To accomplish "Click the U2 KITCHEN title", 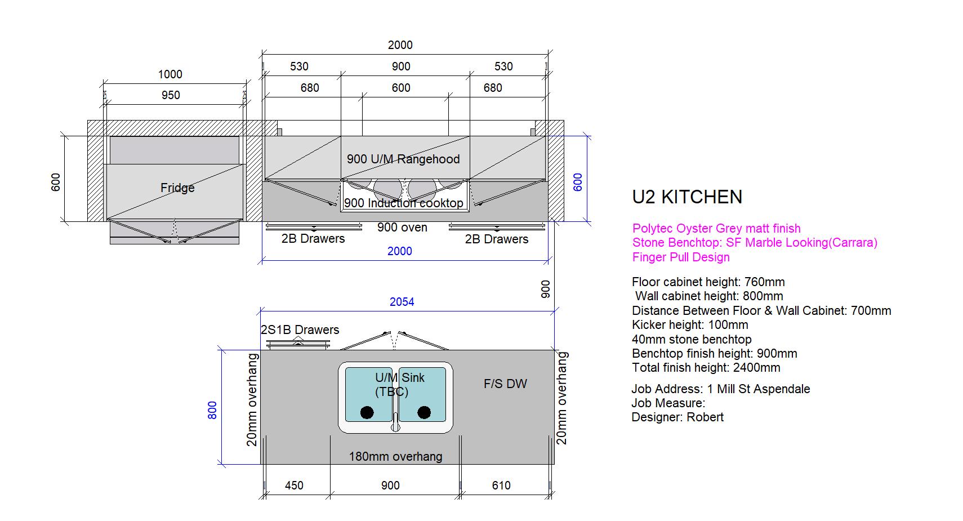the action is [x=687, y=197].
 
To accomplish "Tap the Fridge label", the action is [x=177, y=188].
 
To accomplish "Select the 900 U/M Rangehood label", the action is [x=403, y=159].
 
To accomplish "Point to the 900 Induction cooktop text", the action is [x=404, y=203].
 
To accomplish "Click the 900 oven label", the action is [x=402, y=228].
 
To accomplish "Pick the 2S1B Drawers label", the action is [x=300, y=329].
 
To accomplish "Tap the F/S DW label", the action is [x=505, y=384].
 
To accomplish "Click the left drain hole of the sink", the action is [x=367, y=413].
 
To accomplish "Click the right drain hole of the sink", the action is [x=424, y=413].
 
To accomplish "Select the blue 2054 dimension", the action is [x=402, y=302].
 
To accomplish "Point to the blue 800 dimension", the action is [x=212, y=409].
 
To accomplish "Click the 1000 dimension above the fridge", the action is [x=170, y=74].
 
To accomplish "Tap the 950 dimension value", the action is [x=171, y=95].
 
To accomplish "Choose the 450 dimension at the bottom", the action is [x=294, y=486].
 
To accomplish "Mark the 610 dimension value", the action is [x=501, y=486].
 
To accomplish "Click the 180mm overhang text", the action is [x=395, y=457].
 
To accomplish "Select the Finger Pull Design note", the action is [x=681, y=257].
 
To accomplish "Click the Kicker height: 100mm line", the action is [x=690, y=324].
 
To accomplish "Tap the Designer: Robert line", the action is [x=677, y=417].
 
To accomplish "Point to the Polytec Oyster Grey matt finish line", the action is [x=716, y=228].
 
